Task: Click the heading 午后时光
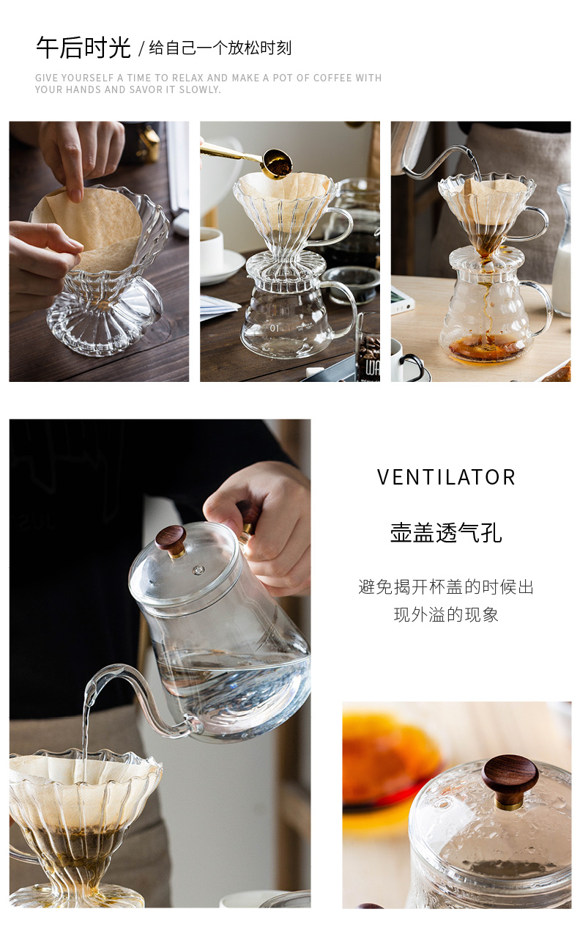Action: coord(83,48)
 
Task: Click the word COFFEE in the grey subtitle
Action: coord(328,78)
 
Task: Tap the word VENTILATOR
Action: coord(446,477)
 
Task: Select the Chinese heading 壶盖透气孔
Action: coord(446,533)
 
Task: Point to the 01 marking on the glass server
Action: coord(275,328)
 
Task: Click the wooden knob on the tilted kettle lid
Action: coord(171,540)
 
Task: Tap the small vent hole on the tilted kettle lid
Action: coord(198,570)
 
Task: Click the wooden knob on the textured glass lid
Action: coord(510,783)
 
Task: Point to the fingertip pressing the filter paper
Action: coord(75,194)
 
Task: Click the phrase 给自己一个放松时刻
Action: coord(220,48)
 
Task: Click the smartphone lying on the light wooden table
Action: coord(403,302)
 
